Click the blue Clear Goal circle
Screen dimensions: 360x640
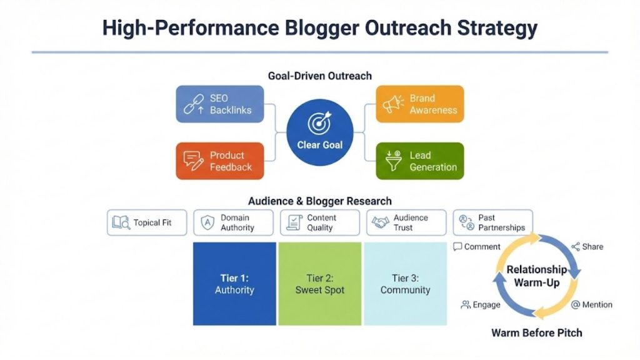click(x=319, y=132)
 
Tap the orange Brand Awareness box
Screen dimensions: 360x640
click(x=419, y=104)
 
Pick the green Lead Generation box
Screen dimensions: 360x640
click(x=419, y=161)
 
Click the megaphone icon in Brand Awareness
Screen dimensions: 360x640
click(x=393, y=104)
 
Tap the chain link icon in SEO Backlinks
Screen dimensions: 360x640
click(x=193, y=104)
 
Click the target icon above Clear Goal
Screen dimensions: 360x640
click(x=319, y=124)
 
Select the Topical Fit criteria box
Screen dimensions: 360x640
click(x=147, y=222)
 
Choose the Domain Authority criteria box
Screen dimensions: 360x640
click(x=233, y=222)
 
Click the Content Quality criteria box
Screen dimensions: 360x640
click(x=319, y=222)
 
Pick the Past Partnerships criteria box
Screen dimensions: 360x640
click(x=492, y=222)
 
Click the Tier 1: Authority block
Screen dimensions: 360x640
click(x=234, y=284)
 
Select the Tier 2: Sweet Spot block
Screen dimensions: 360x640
click(x=319, y=284)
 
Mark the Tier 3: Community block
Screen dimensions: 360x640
click(x=405, y=284)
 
